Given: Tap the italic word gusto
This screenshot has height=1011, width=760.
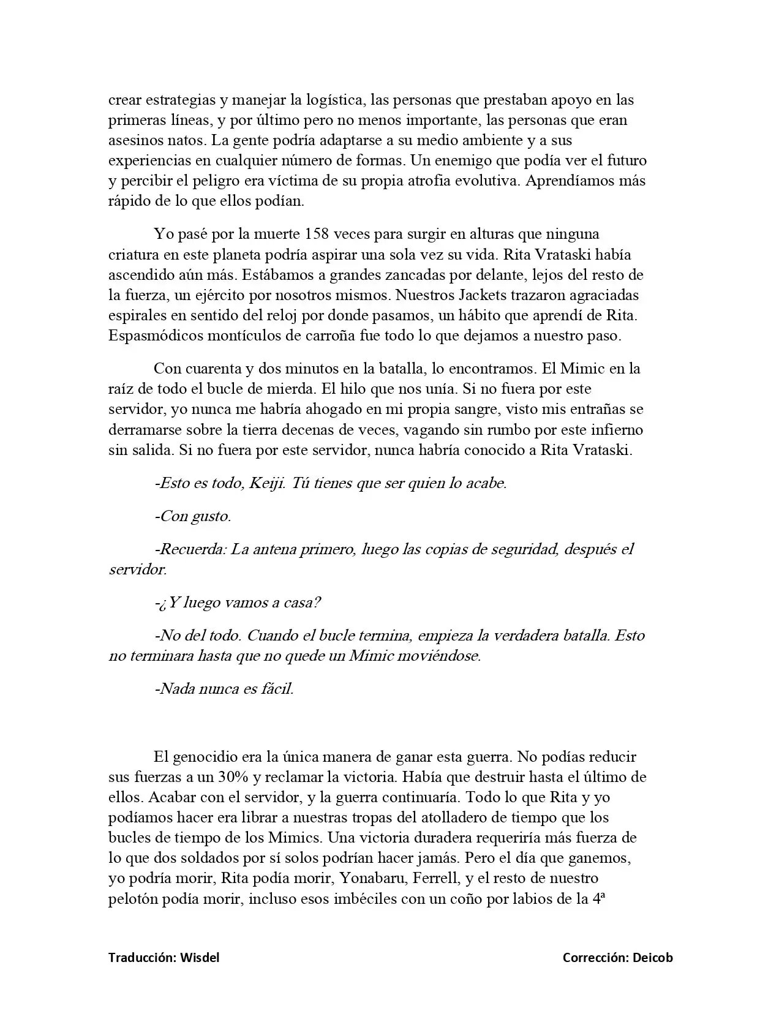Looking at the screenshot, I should pyautogui.click(x=211, y=516).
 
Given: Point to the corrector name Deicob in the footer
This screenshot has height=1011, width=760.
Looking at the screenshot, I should pyautogui.click(x=653, y=957).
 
